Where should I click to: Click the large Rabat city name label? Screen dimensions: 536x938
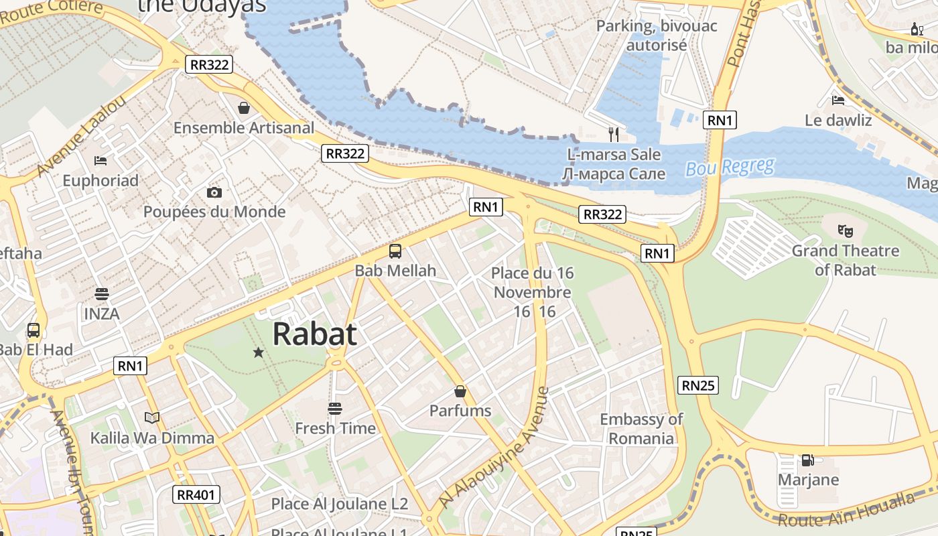coord(314,334)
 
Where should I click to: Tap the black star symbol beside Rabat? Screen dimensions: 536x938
coord(258,352)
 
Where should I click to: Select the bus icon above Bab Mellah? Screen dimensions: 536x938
coord(395,251)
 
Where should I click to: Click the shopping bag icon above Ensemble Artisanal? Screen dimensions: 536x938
coord(244,108)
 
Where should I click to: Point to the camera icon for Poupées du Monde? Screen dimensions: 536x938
coord(214,193)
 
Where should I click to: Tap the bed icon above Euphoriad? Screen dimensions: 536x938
coord(100,161)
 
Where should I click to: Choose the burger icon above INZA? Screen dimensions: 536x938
coord(102,294)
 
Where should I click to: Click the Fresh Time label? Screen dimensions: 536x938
coord(335,428)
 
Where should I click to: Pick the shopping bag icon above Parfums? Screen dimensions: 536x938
coord(460,391)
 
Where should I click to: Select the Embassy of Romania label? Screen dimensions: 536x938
coord(641,429)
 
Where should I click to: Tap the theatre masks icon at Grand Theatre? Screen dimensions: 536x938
coord(846,231)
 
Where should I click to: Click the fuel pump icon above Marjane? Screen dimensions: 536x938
coord(808,460)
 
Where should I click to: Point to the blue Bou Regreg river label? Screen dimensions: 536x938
coord(730,167)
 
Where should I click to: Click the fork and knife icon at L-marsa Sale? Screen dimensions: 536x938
coord(614,135)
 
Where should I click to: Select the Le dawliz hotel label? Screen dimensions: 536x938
coord(838,121)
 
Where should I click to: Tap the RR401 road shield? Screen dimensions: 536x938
coord(196,495)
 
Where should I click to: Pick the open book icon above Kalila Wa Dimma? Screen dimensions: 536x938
coord(152,418)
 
